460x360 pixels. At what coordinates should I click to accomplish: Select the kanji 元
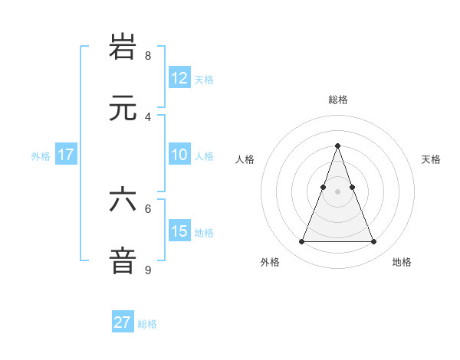[123, 108]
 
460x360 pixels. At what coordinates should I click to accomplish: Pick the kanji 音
[123, 260]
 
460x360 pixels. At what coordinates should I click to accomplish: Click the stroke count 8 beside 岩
[148, 55]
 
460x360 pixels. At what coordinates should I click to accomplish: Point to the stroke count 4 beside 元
[148, 116]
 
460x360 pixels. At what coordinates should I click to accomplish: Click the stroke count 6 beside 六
[148, 208]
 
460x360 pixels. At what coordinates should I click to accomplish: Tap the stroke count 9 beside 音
[148, 270]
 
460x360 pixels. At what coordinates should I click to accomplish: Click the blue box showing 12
[179, 77]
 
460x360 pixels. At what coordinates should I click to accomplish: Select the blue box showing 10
[179, 155]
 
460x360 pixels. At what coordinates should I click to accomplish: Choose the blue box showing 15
[179, 231]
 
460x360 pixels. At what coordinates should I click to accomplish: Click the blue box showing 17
[66, 155]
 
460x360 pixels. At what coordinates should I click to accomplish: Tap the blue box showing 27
[123, 322]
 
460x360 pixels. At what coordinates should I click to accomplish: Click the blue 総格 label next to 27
[147, 324]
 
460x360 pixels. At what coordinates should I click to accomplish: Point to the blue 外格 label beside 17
[41, 156]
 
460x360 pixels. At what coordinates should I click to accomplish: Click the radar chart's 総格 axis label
[337, 100]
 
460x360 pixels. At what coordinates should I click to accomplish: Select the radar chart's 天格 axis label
[431, 159]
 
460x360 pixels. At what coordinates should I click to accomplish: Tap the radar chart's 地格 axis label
[402, 262]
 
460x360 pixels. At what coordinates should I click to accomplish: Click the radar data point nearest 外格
[301, 242]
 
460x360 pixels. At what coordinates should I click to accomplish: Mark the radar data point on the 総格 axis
[337, 145]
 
